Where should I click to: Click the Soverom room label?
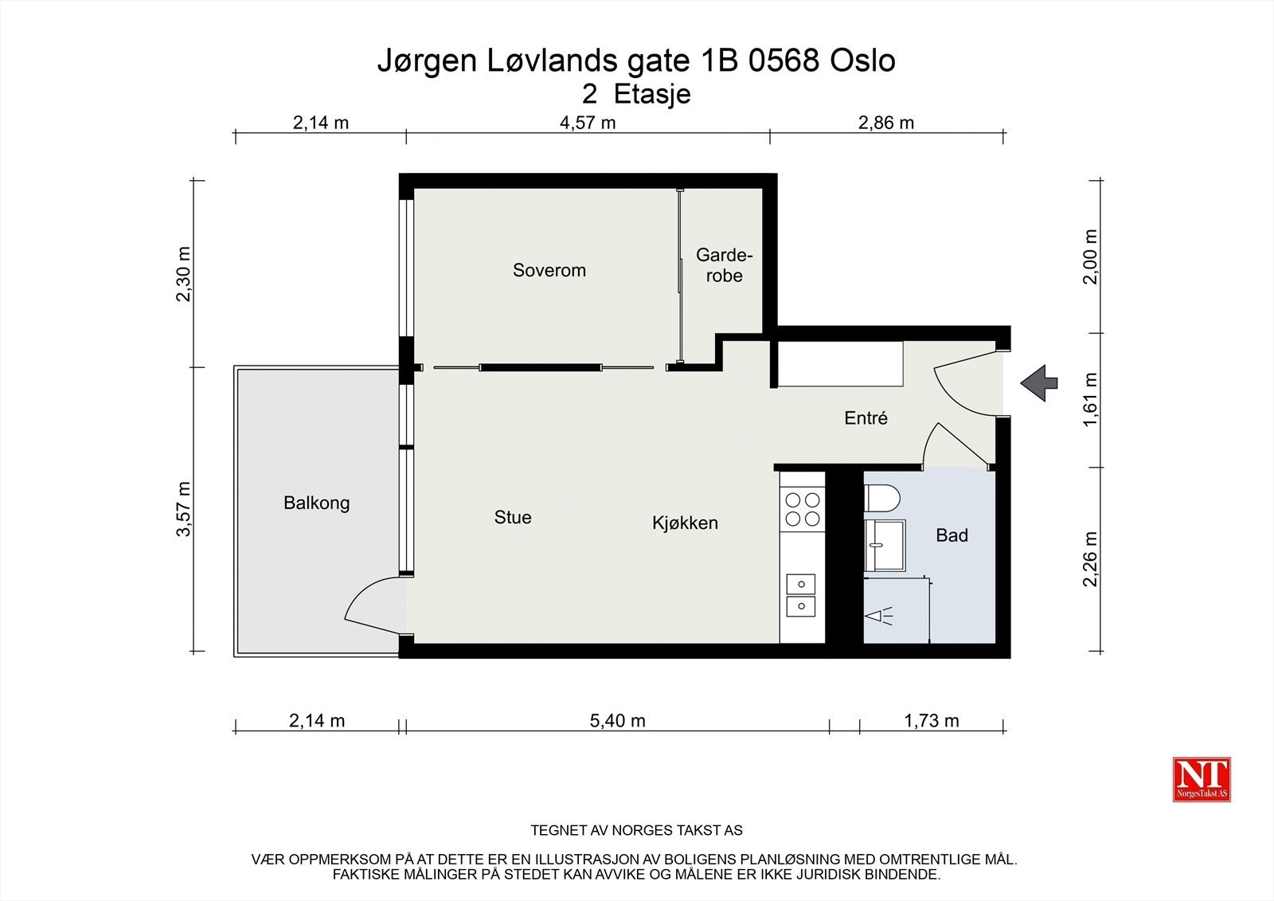click(549, 270)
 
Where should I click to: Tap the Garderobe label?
click(724, 265)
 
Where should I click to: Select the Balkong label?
click(316, 503)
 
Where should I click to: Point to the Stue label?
click(512, 517)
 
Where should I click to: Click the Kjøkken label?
click(685, 523)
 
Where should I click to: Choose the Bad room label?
click(952, 535)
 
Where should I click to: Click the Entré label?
click(866, 417)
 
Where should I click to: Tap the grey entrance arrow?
click(1039, 383)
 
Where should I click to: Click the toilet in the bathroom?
click(881, 499)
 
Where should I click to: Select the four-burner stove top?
click(802, 509)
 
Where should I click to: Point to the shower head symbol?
click(878, 615)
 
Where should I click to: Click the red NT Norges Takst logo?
click(1202, 779)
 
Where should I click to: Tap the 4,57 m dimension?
click(588, 123)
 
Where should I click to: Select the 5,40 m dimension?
click(617, 721)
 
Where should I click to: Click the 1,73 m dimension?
click(931, 721)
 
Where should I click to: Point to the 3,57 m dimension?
click(184, 509)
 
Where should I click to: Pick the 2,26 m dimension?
click(1090, 559)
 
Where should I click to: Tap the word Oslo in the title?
click(862, 61)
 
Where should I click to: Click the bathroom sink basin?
click(884, 545)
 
